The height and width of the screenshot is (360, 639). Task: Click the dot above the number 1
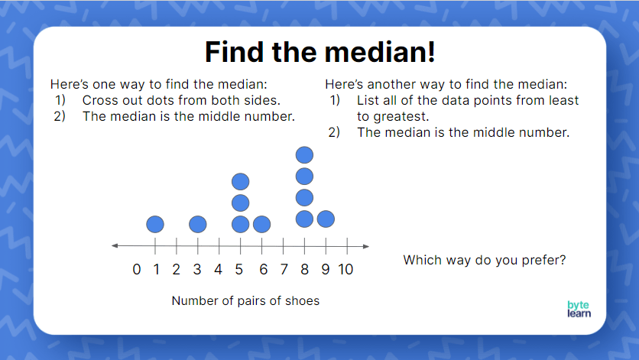tap(155, 224)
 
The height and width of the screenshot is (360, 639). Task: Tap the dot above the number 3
tap(198, 224)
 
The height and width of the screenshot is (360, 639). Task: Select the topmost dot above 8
tap(304, 156)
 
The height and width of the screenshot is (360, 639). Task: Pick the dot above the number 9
tap(326, 219)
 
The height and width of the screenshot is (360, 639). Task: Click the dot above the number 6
tap(261, 224)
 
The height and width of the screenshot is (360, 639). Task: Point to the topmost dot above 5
tap(241, 182)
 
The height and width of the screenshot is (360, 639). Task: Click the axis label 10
tap(345, 269)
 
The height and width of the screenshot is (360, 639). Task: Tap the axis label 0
tap(136, 269)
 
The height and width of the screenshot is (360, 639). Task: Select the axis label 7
tap(283, 269)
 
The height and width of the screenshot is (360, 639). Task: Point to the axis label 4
tap(219, 269)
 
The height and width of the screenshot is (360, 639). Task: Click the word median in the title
tap(365, 51)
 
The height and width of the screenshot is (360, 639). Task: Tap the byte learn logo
tap(579, 308)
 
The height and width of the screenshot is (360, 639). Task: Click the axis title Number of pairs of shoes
tap(245, 300)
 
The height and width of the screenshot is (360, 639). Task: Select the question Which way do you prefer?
tap(485, 260)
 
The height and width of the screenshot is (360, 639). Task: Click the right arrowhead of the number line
tap(366, 245)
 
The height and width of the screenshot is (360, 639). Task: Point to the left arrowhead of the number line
tap(115, 245)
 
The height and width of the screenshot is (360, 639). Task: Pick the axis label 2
tap(177, 269)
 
